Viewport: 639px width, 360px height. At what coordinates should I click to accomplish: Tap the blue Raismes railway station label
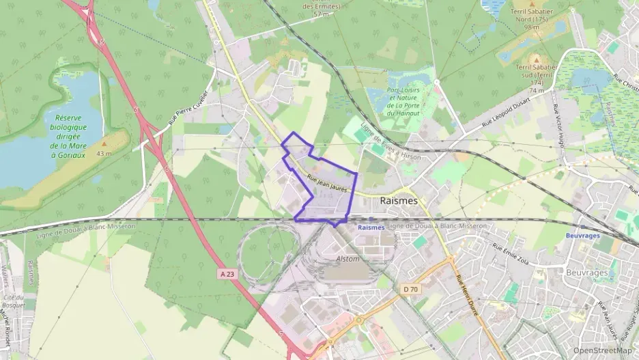tap(371, 227)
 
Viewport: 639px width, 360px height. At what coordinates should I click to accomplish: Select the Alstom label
tap(347, 259)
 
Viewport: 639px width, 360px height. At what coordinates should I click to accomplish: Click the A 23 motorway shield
tap(227, 273)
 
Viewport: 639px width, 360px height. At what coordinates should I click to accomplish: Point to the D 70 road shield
tap(410, 289)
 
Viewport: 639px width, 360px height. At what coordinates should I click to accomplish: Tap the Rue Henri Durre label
tap(467, 293)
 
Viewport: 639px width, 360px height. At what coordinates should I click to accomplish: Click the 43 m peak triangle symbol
tap(104, 144)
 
